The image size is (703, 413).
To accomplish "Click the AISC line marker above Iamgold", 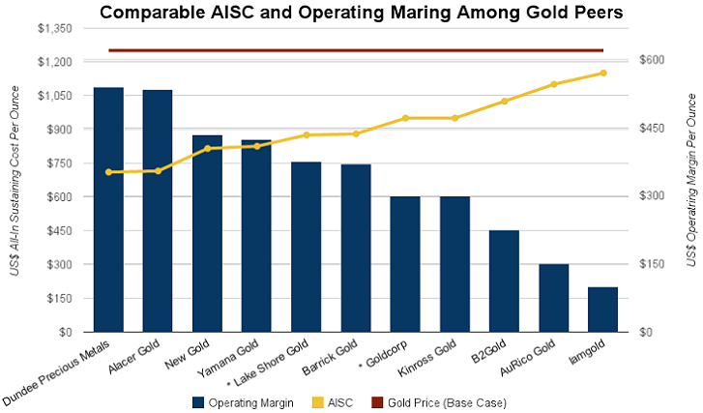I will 602,73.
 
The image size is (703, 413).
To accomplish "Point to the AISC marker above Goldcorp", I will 405,118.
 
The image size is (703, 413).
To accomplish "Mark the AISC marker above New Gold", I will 207,148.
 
